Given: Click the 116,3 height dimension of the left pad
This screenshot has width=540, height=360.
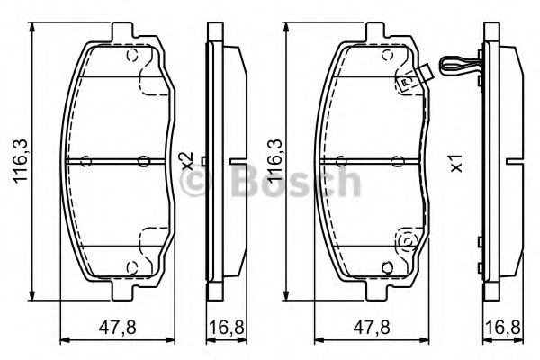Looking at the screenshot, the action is click(21, 161).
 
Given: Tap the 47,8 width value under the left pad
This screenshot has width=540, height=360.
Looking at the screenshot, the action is click(118, 327).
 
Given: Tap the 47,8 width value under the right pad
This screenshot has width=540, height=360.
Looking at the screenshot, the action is click(372, 327).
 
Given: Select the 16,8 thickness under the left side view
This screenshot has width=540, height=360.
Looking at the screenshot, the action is click(227, 327).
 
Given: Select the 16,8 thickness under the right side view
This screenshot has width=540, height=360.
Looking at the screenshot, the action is click(503, 327).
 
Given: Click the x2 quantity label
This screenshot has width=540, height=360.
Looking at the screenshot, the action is click(188, 161).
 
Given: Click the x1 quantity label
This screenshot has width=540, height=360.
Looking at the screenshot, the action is click(457, 164).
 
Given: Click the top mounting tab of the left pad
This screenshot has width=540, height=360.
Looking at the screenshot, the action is click(122, 32).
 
